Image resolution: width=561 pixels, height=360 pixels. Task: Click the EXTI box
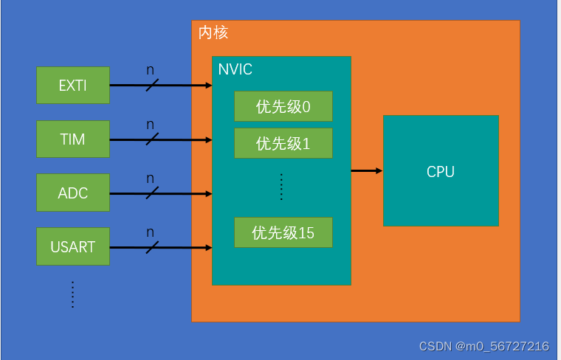click(x=73, y=85)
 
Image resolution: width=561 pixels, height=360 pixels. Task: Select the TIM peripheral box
click(x=73, y=139)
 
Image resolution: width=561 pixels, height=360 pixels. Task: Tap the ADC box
click(x=73, y=193)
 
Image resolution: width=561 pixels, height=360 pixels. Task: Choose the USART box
click(x=73, y=246)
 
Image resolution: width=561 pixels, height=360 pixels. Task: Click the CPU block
click(x=441, y=171)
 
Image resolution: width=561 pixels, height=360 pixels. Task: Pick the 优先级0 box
click(x=283, y=106)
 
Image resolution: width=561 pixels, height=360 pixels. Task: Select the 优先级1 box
click(x=283, y=143)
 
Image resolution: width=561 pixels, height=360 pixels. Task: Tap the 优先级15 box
click(x=283, y=232)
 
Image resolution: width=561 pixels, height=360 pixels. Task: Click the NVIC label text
click(x=235, y=70)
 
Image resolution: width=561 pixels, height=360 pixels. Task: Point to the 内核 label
click(x=213, y=33)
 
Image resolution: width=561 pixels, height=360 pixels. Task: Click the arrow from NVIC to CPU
click(x=366, y=171)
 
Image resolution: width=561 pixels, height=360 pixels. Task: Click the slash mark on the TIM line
click(x=152, y=139)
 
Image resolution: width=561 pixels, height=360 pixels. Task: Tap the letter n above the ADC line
click(x=151, y=179)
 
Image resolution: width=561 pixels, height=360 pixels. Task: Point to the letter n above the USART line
click(x=151, y=232)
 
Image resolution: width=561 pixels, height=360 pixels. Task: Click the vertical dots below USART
click(x=72, y=294)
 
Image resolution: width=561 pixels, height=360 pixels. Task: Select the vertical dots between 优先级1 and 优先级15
click(x=282, y=187)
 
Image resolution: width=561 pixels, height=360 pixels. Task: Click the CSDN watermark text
click(x=483, y=346)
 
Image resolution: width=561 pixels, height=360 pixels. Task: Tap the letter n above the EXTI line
click(x=151, y=70)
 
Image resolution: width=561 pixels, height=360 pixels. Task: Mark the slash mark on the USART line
click(x=152, y=247)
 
